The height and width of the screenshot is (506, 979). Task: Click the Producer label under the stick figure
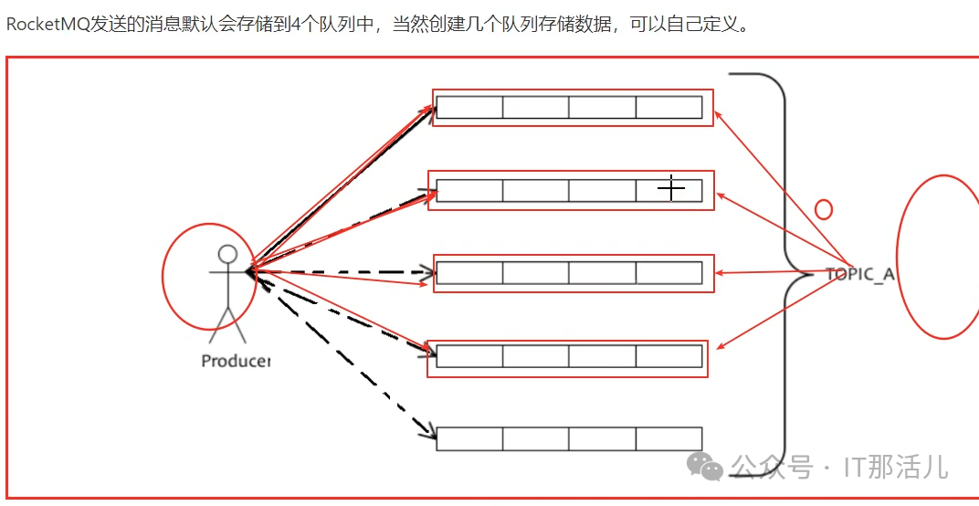236,361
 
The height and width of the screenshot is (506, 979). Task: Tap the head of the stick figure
227,254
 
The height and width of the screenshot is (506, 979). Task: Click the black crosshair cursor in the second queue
671,188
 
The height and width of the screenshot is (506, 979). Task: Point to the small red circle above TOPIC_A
823,209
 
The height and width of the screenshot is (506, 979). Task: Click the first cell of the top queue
469,108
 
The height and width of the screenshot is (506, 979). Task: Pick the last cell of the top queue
668,108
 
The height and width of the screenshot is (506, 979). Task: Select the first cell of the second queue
469,191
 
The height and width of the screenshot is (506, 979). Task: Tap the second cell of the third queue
535,273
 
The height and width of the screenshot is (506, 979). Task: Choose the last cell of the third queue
668,273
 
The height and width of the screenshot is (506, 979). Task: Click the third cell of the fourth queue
602,356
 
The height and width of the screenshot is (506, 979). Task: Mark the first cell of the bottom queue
469,438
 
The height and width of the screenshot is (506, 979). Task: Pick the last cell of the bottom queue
668,438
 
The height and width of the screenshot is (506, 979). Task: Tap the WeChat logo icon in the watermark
706,467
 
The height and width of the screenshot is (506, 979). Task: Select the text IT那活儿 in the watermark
895,468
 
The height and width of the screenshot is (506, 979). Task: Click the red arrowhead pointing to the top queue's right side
718,115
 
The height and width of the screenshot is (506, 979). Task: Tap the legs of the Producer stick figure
227,320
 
